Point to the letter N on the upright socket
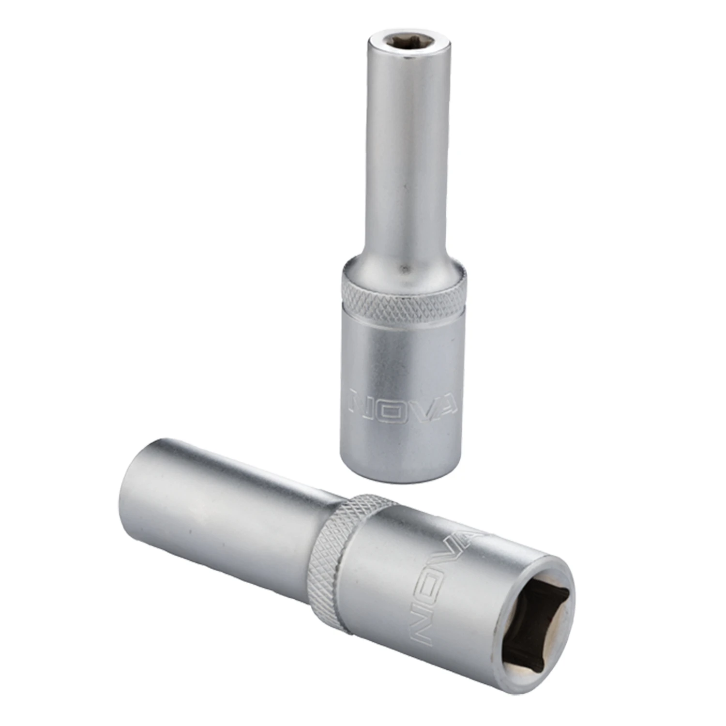click(361, 399)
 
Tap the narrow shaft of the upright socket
click(401, 145)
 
